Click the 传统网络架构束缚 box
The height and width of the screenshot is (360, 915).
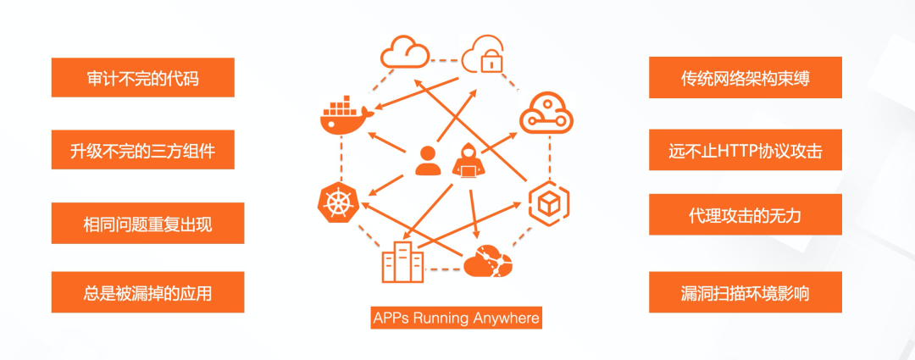pyautogui.click(x=745, y=78)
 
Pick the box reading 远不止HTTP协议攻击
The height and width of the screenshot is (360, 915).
pyautogui.click(x=745, y=151)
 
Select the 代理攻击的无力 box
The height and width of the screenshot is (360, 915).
pyautogui.click(x=745, y=215)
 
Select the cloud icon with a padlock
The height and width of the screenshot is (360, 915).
pyautogui.click(x=489, y=53)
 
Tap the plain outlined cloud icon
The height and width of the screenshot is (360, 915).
pyautogui.click(x=404, y=53)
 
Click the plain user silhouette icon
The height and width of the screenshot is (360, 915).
pyautogui.click(x=428, y=161)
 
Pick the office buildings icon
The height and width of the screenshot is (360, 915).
pyautogui.click(x=402, y=261)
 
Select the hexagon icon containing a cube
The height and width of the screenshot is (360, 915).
pyautogui.click(x=548, y=202)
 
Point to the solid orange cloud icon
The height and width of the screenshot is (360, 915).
pyautogui.click(x=487, y=262)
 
